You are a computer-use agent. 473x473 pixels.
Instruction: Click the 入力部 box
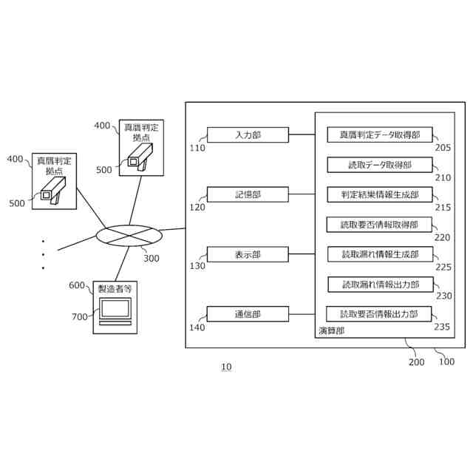point(248,135)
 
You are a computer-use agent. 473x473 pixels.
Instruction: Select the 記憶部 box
point(248,194)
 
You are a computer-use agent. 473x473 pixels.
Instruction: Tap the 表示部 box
point(248,254)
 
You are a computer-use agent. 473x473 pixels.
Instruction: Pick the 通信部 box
point(248,314)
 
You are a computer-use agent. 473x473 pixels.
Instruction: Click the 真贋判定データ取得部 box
point(380,135)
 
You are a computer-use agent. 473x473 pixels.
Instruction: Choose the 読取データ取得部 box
point(380,165)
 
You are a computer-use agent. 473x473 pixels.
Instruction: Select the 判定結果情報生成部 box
point(380,194)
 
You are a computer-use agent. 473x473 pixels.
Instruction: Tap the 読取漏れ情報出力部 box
point(381,285)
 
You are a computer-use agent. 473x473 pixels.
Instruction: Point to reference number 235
point(442,327)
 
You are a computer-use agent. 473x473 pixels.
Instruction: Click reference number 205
point(443,148)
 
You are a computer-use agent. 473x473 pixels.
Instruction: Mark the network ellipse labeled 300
point(129,236)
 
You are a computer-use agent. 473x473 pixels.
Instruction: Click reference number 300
point(152,258)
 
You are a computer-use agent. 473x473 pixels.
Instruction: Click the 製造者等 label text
point(115,289)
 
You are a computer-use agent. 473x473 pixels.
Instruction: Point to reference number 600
point(77,285)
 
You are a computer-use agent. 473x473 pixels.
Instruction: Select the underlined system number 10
point(227,367)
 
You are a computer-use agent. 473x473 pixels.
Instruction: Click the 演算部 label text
point(332,331)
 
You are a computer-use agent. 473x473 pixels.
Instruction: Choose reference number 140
point(197,327)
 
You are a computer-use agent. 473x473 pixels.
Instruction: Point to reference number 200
point(417,361)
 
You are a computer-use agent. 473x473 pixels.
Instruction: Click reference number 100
point(446,361)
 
